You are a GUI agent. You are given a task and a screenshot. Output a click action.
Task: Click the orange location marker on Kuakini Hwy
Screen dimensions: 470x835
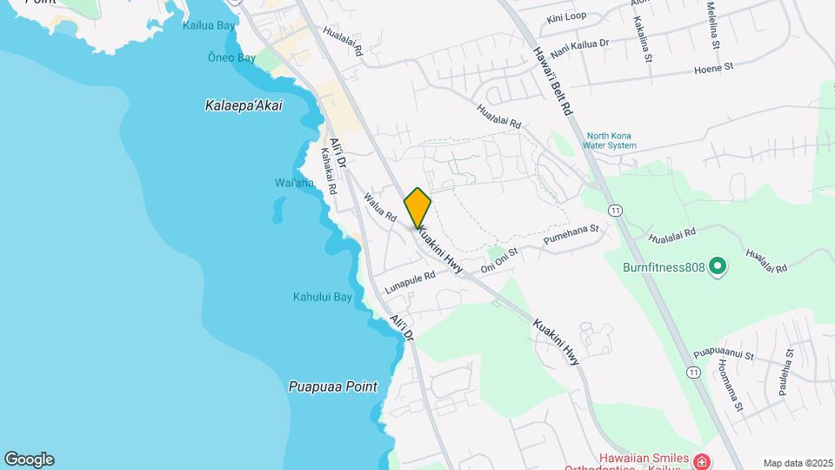417,207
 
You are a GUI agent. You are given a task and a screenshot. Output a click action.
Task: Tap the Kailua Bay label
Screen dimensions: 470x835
209,26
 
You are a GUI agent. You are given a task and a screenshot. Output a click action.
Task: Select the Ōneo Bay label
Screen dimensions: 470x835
231,58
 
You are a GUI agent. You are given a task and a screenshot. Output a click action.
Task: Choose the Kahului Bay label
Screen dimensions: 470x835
322,298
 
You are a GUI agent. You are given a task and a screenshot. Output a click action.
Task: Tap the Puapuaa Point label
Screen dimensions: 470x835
333,386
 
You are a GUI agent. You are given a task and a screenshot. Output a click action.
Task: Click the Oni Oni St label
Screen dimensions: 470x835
499,258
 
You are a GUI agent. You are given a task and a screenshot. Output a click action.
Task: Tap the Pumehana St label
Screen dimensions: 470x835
571,235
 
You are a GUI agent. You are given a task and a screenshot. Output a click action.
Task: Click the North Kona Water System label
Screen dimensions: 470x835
611,141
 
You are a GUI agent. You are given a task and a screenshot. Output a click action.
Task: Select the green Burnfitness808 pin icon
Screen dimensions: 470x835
718,266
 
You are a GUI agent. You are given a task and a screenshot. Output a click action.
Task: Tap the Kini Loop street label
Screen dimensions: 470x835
566,17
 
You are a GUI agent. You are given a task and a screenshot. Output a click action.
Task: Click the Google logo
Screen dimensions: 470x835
29,460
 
